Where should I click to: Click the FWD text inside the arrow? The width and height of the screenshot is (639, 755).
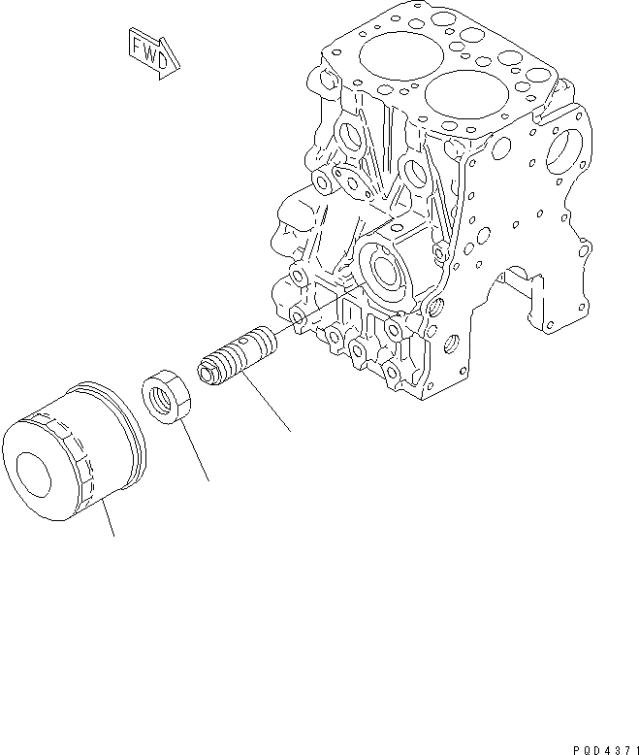[x=153, y=51]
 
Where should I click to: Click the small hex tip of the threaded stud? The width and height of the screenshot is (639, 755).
[x=207, y=371]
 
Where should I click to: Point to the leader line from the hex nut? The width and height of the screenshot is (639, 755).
[x=194, y=451]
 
